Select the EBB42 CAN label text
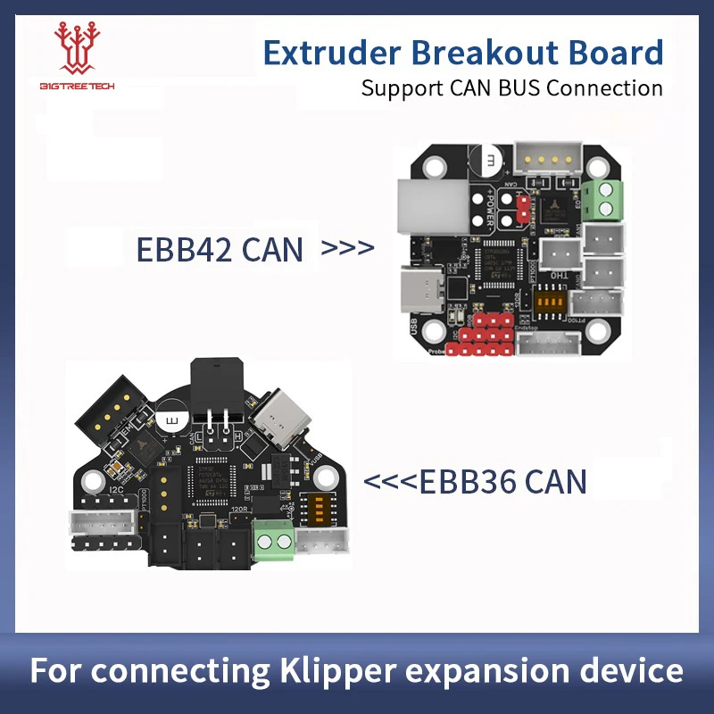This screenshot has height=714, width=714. pos(220,249)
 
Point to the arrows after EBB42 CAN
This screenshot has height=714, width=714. pos(346,248)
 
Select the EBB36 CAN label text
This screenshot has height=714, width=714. pos(475,482)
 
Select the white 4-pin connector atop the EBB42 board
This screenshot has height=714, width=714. pos(545,157)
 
